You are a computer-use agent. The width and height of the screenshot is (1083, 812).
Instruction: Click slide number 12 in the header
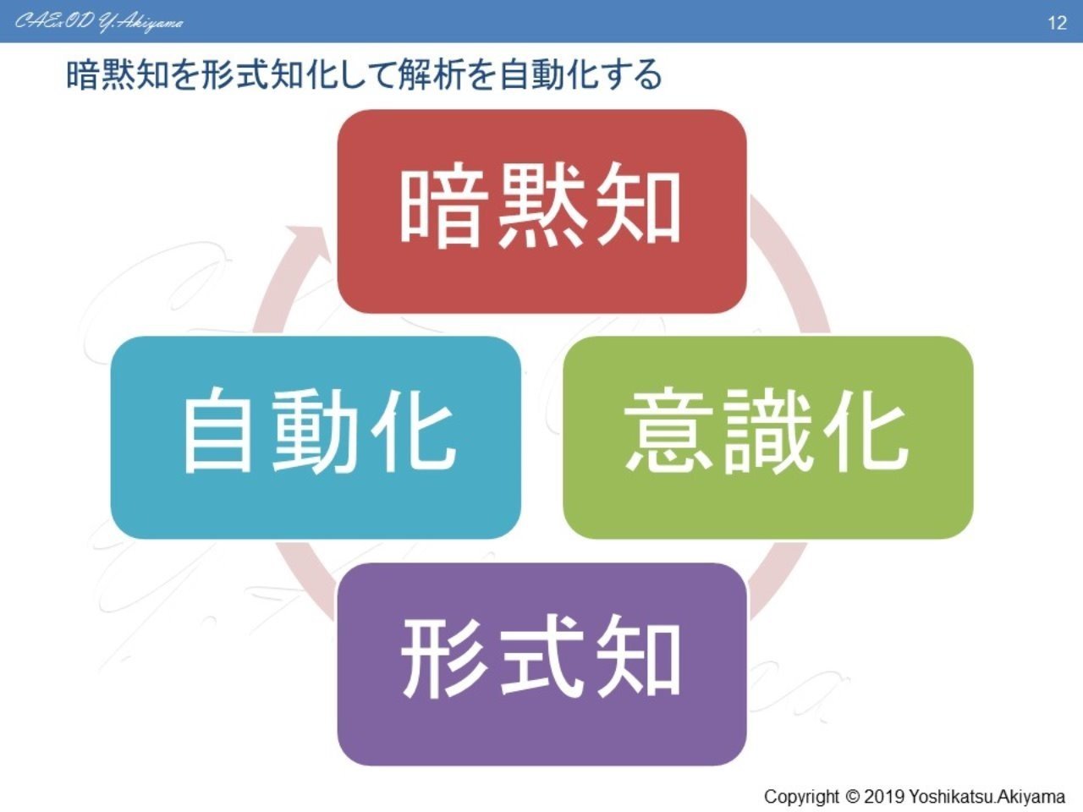coord(1057,23)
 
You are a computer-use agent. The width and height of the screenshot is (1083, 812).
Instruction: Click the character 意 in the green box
coord(668,433)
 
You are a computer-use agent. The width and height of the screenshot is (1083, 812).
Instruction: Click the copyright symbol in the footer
coord(852,797)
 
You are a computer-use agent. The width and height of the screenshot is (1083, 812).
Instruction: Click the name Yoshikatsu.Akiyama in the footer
coord(987,797)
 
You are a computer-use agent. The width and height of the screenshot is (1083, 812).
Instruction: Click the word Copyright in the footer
coord(802,797)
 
